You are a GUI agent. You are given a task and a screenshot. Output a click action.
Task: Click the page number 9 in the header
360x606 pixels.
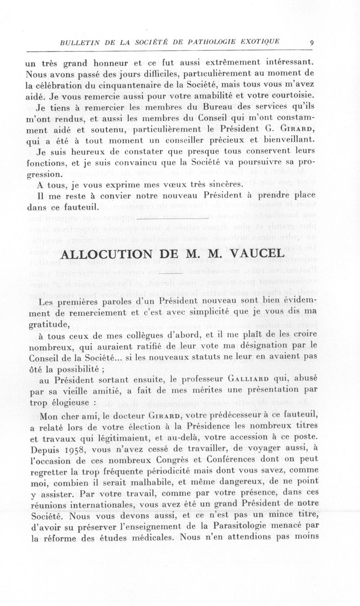coord(312,43)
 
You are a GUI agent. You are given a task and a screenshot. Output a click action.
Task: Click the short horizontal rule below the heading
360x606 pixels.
coord(172,273)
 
